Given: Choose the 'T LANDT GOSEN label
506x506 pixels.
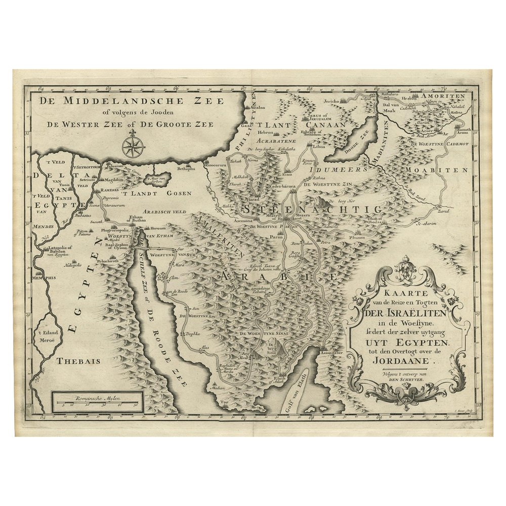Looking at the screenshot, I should click(x=158, y=193).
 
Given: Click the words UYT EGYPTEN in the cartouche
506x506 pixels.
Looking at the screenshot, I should click(x=398, y=342).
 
